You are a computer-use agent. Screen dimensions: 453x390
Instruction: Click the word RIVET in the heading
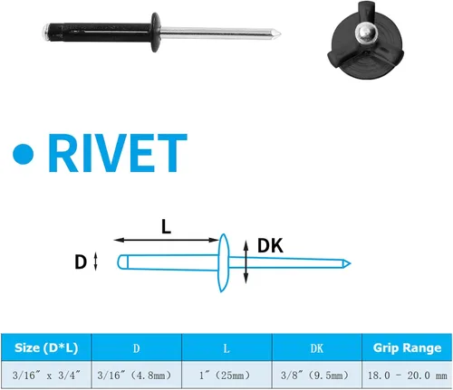point(118,153)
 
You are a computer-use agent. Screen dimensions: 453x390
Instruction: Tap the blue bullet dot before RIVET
point(24,154)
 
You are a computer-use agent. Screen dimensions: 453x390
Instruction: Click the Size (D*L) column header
point(46,347)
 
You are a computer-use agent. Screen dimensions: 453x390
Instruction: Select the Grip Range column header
point(407,347)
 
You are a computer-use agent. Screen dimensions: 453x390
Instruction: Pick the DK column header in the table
point(317,348)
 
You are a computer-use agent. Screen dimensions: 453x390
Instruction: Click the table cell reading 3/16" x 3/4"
point(46,376)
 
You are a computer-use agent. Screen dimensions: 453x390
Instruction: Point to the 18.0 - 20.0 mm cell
point(408,376)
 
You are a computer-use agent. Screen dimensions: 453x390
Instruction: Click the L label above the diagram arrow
point(166,226)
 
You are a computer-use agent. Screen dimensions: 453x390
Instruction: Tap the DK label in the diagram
point(270,245)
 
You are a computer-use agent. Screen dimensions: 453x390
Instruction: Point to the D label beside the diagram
point(81,262)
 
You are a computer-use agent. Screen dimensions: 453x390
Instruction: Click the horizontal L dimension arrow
point(166,240)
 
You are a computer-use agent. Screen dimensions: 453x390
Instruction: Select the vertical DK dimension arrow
point(246,262)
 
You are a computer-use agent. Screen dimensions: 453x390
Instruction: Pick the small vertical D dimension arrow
point(95,262)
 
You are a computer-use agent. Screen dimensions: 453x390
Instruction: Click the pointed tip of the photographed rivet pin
point(280,33)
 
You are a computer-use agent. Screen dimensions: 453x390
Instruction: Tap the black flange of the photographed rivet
point(156,33)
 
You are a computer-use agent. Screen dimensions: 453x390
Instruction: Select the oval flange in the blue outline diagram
point(223,263)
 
